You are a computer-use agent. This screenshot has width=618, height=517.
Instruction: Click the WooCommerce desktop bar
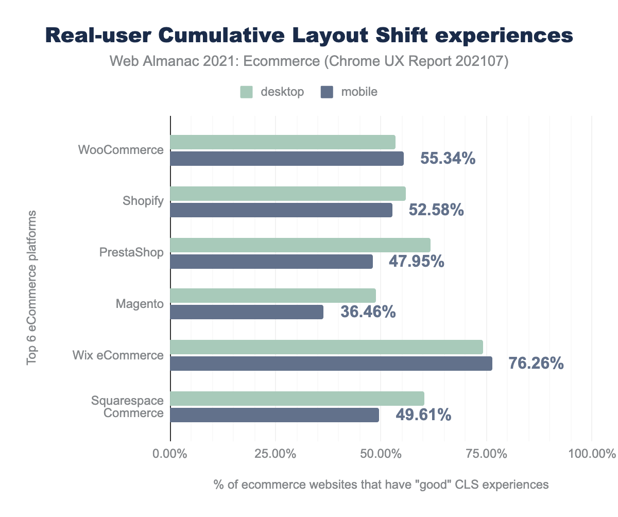click(283, 142)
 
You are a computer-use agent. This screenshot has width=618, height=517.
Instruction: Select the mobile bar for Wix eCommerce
click(331, 364)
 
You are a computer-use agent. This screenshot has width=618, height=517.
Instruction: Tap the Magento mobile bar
click(247, 312)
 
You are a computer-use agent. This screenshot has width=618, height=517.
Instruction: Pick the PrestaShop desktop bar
click(300, 245)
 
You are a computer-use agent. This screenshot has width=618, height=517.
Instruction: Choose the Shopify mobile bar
click(281, 210)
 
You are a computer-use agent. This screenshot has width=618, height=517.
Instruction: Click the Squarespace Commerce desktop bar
click(297, 399)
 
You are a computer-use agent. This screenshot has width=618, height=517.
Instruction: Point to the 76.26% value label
click(536, 364)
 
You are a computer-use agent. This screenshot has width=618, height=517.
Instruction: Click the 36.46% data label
click(368, 312)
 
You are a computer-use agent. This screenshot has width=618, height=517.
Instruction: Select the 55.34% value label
click(448, 159)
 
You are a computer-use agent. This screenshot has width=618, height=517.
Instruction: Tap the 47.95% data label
click(416, 261)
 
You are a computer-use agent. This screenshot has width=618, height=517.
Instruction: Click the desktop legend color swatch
click(247, 92)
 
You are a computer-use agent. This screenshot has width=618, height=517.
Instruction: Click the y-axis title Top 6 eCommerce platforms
click(32, 287)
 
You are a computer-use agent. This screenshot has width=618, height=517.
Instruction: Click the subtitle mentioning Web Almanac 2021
click(309, 62)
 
